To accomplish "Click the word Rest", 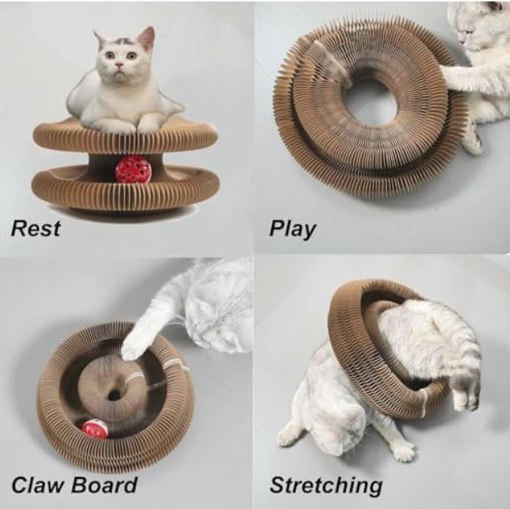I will [35, 228].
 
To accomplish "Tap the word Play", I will [292, 229].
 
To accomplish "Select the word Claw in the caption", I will [38, 485].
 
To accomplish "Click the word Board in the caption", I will [105, 485].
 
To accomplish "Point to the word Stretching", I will [326, 486].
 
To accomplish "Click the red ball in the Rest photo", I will [133, 170].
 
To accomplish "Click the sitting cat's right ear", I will [147, 37].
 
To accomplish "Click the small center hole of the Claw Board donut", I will [115, 395].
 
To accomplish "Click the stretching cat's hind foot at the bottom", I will [403, 451].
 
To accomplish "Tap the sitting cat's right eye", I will [132, 55].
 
